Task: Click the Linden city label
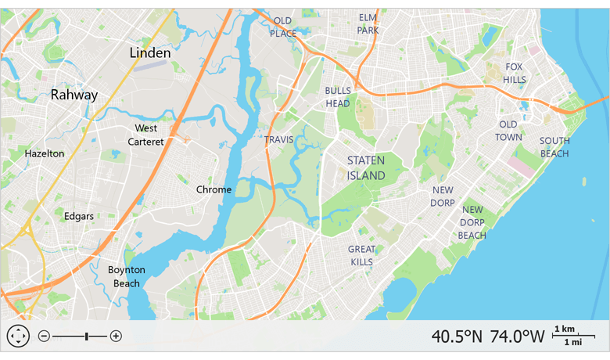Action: click(150, 52)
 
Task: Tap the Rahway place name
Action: click(74, 95)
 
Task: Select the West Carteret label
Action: click(146, 135)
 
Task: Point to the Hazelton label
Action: click(45, 153)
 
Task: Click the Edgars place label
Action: click(79, 216)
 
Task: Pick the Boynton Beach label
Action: click(127, 276)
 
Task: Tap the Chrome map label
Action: click(213, 189)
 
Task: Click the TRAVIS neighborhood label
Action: click(278, 139)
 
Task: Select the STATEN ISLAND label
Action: click(366, 168)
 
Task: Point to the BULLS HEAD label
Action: click(338, 97)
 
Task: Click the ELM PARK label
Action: click(368, 23)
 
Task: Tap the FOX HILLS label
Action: click(514, 74)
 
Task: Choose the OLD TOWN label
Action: click(508, 131)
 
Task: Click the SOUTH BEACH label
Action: click(554, 147)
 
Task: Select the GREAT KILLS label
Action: click(362, 255)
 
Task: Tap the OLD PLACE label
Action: click(283, 27)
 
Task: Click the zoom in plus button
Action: click(116, 336)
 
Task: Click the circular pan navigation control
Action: click(18, 336)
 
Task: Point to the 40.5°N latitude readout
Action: click(457, 337)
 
